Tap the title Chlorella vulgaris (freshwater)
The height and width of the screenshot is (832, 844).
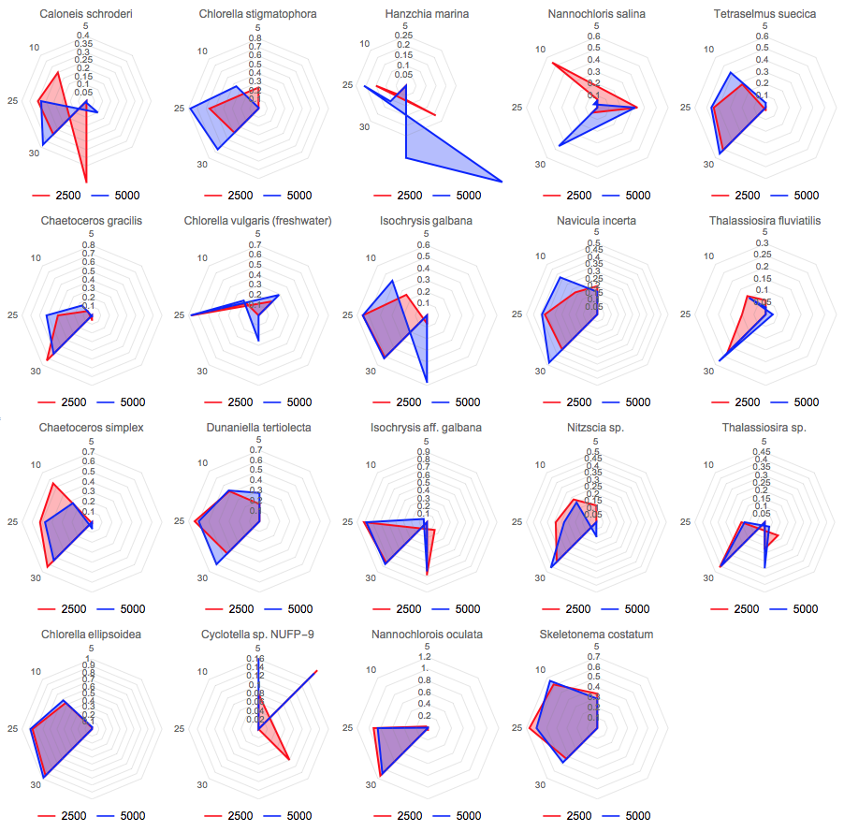pyautogui.click(x=257, y=221)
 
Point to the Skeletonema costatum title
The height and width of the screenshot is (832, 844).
pyautogui.click(x=596, y=635)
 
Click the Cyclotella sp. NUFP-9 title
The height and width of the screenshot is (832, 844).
pyautogui.click(x=257, y=635)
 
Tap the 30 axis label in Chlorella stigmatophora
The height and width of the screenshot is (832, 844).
pyautogui.click(x=202, y=165)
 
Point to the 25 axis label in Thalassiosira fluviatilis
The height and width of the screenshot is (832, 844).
pyautogui.click(x=685, y=314)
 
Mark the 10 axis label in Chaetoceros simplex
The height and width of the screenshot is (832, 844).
pyautogui.click(x=35, y=465)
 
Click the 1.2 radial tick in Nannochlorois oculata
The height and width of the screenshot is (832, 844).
pyautogui.click(x=426, y=658)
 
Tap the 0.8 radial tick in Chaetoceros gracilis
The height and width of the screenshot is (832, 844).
pyautogui.click(x=88, y=245)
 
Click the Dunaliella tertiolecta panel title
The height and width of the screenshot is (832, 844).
pyautogui.click(x=258, y=428)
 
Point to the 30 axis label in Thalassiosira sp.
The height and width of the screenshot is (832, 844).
pyautogui.click(x=708, y=578)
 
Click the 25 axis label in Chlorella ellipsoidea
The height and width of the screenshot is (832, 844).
pyautogui.click(x=10, y=728)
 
